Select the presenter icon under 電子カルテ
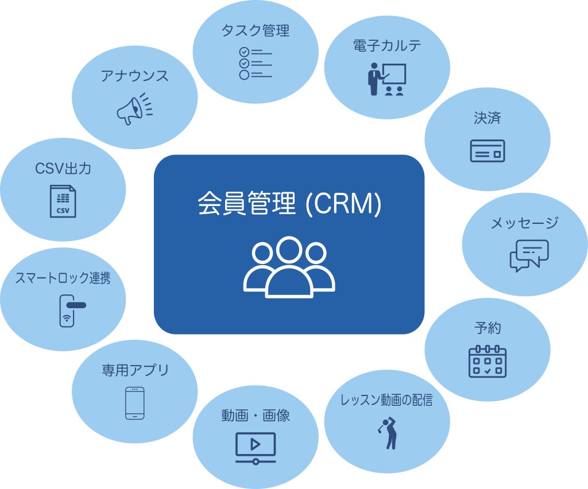point(386,79)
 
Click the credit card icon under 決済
point(487,151)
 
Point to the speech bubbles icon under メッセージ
point(529,255)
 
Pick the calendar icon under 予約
point(487,361)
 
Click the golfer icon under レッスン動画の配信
point(388,433)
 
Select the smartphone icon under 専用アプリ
point(134,403)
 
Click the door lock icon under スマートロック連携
point(69,310)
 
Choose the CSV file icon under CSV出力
point(63,201)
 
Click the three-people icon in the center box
point(289,267)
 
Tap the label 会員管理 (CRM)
point(289,205)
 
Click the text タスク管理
point(255,30)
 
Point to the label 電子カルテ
point(386,46)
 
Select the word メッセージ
point(524,223)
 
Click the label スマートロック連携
point(63,278)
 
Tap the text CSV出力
point(63,169)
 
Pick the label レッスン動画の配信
point(386,400)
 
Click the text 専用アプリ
point(135,370)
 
